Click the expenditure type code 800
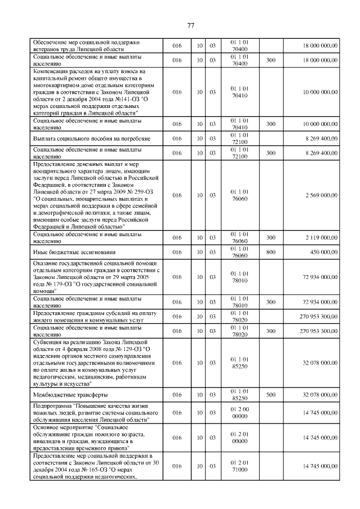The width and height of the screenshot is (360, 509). (271, 251)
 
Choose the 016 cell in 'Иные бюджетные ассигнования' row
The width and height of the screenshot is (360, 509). (177, 251)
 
